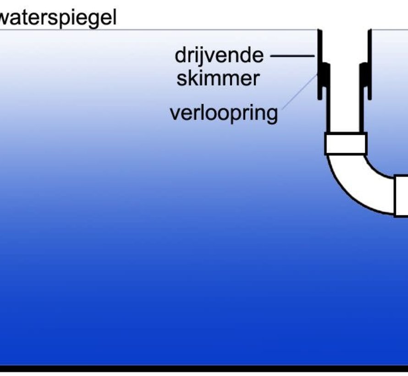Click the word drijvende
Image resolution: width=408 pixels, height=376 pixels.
coord(219,55)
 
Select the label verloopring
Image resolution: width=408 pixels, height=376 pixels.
coord(224,112)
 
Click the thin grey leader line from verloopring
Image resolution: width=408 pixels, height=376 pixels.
coord(298,92)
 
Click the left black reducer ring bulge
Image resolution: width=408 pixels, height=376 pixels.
coord(325,76)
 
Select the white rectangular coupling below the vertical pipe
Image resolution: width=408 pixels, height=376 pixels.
coord(346,144)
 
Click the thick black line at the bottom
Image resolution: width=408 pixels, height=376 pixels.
coord(204,368)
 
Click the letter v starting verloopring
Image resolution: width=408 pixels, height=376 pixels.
coord(175,113)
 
